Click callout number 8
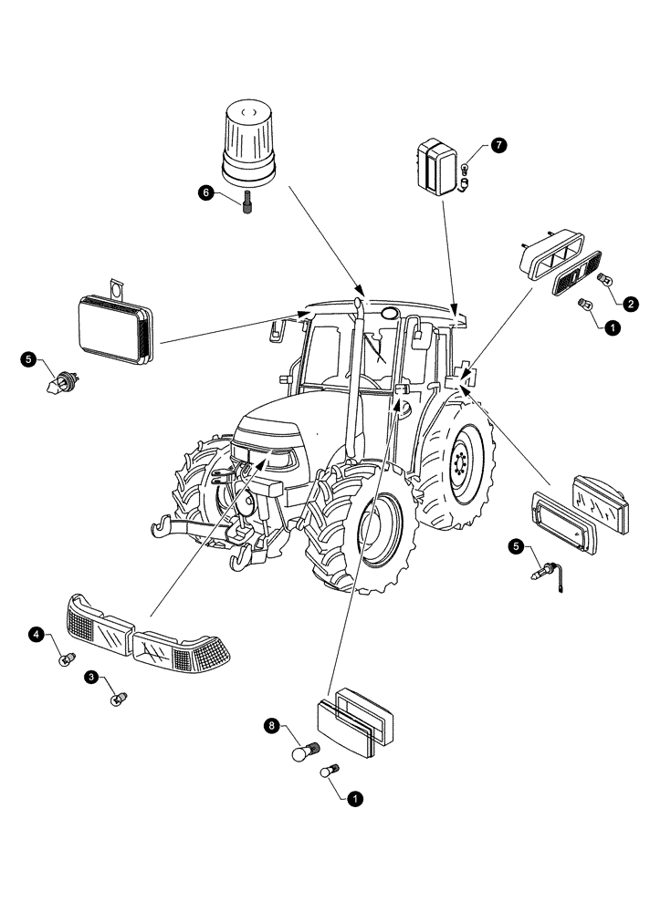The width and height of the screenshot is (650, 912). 271,726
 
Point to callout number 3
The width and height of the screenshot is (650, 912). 92,677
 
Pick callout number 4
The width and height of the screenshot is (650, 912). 37,633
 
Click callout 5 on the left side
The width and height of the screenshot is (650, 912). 30,360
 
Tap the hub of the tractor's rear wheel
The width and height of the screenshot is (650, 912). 462,463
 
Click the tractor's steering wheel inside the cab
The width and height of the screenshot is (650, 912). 370,381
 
